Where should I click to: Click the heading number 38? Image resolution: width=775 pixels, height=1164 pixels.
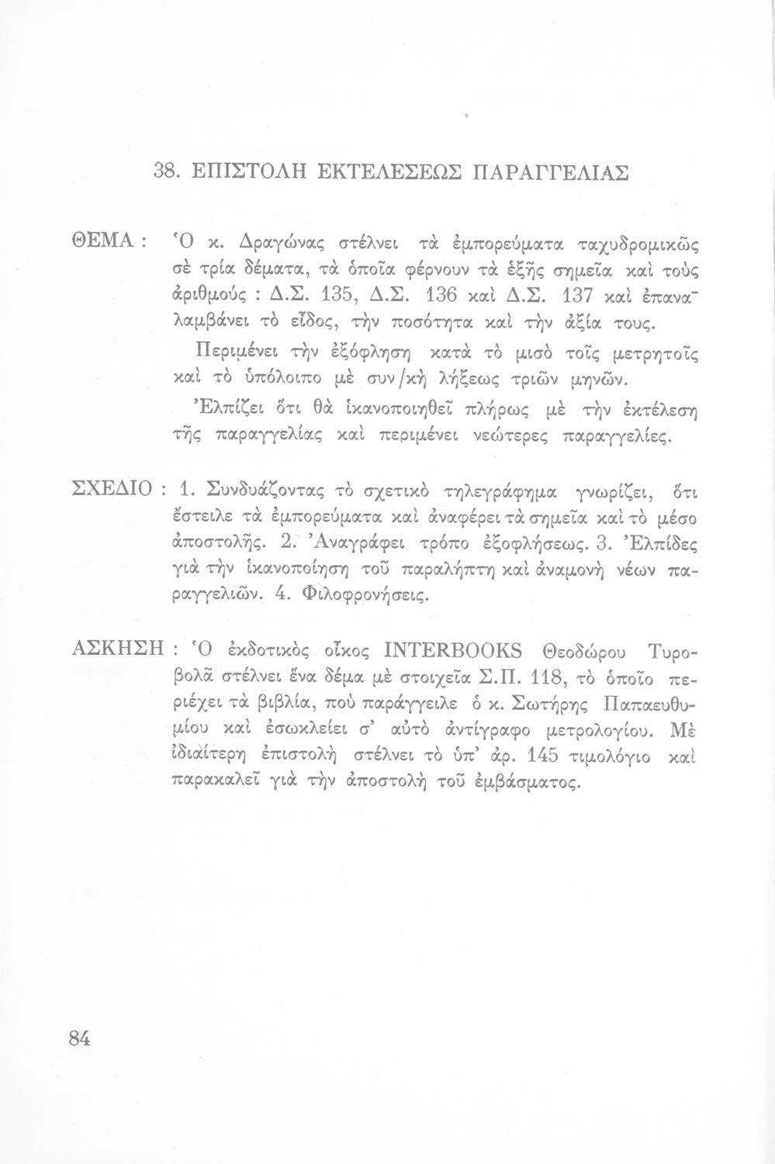pos(166,171)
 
